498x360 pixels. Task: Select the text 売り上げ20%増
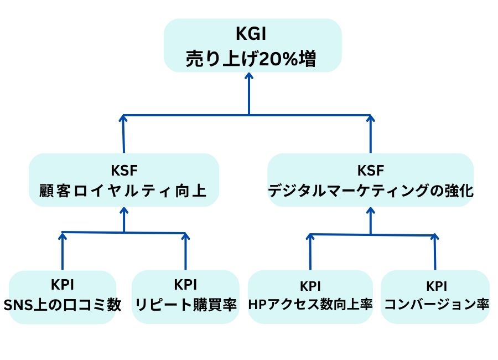tap(252, 58)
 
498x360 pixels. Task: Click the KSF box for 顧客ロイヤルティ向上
tap(123, 180)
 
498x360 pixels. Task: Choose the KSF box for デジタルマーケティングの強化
tap(370, 180)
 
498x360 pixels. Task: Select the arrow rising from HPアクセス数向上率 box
tap(310, 252)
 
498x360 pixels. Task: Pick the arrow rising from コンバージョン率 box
tap(435, 253)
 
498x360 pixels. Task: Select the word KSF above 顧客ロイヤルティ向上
tap(123, 169)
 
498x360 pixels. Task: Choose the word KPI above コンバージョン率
tap(435, 286)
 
